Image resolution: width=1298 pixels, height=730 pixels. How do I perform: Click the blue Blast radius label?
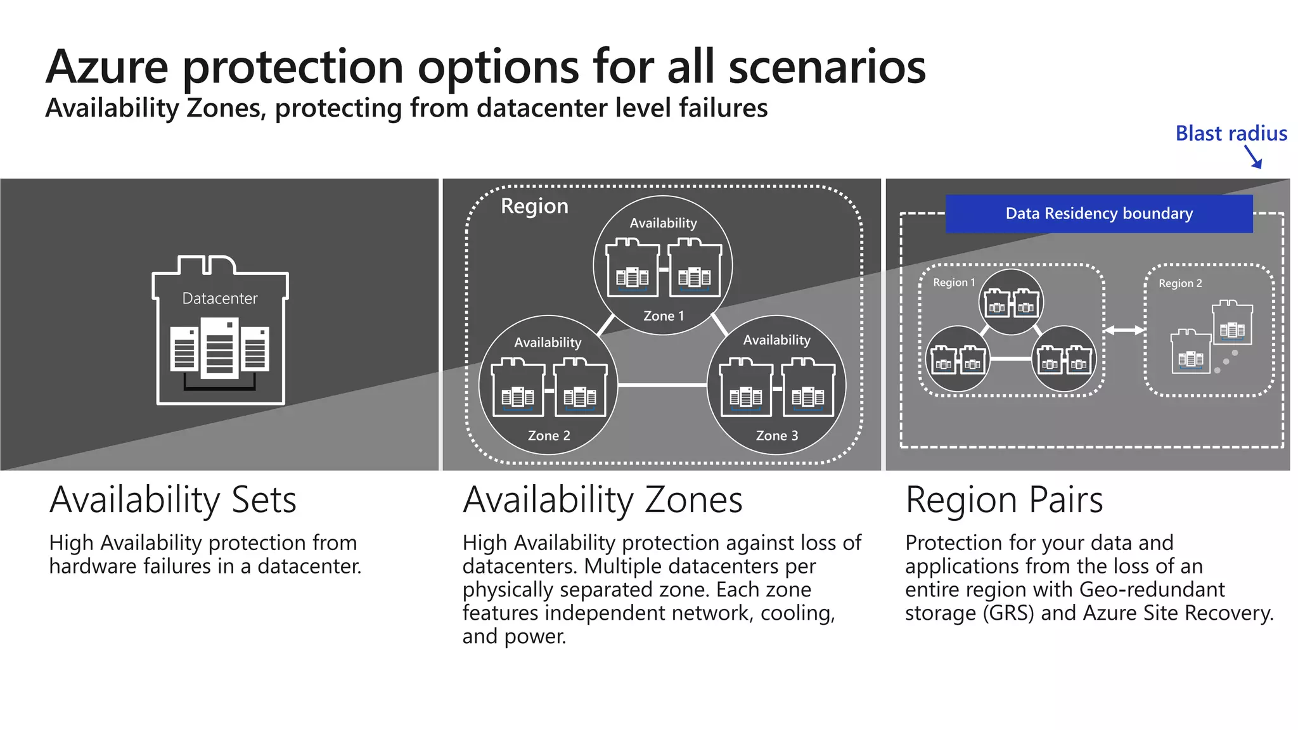[1231, 134]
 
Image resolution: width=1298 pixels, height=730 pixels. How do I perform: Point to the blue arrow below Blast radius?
[1254, 157]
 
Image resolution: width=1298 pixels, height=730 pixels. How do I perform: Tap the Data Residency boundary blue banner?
[1098, 214]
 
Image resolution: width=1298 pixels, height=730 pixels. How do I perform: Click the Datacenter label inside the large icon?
[219, 298]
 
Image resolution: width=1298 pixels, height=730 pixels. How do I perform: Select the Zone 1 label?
[663, 316]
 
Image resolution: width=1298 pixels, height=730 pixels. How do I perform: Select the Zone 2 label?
[549, 435]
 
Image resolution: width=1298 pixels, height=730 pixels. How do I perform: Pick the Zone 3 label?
[776, 435]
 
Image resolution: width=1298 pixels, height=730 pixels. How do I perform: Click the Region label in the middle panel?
[534, 207]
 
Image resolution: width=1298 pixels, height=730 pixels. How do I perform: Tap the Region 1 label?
[953, 283]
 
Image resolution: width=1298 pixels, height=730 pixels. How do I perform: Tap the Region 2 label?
[1179, 283]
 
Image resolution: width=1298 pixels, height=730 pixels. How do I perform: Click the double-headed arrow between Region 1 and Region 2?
[1124, 330]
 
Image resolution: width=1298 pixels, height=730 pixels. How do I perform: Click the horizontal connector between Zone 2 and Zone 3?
[662, 385]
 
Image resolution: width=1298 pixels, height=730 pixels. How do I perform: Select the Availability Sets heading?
[172, 500]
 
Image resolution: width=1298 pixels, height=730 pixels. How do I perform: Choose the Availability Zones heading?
[602, 500]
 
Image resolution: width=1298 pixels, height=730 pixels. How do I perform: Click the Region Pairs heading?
[1004, 500]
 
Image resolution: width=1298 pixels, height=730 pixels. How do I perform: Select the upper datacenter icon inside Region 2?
[1232, 323]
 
